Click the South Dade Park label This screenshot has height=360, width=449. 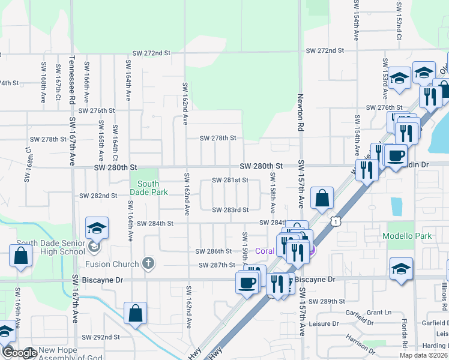click(148, 188)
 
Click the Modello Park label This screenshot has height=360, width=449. click(408, 236)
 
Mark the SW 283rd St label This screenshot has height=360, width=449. click(230, 209)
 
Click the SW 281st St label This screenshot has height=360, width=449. click(230, 180)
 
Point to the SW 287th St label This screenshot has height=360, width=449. click(216, 265)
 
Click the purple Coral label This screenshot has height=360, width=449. click(265, 251)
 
